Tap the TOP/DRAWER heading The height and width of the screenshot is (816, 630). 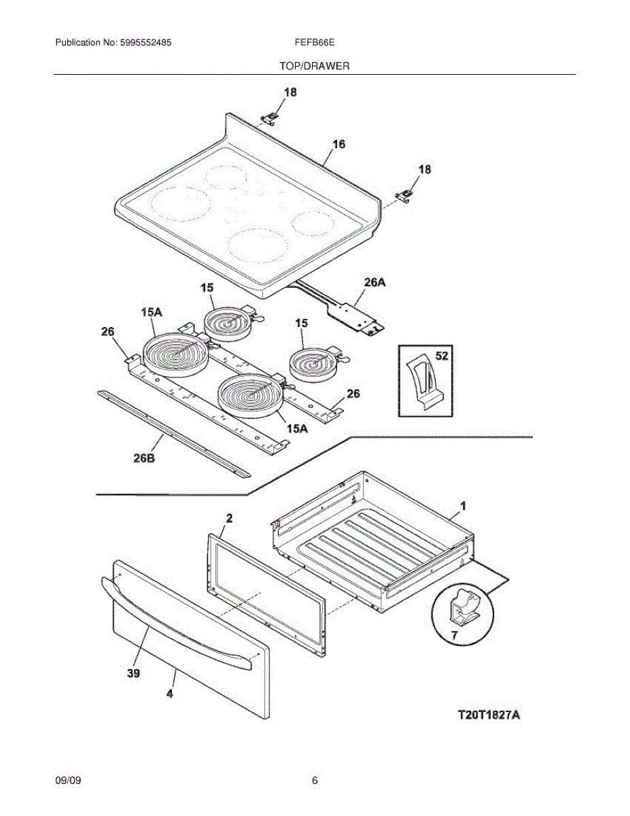[314, 66]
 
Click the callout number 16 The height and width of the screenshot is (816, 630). [338, 144]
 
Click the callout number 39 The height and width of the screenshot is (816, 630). [134, 673]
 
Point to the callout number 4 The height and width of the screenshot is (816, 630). [170, 694]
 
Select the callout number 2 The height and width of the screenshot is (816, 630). [229, 518]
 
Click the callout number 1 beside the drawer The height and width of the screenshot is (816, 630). [463, 506]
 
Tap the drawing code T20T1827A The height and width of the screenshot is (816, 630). [488, 715]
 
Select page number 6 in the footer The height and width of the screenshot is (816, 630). [315, 781]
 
